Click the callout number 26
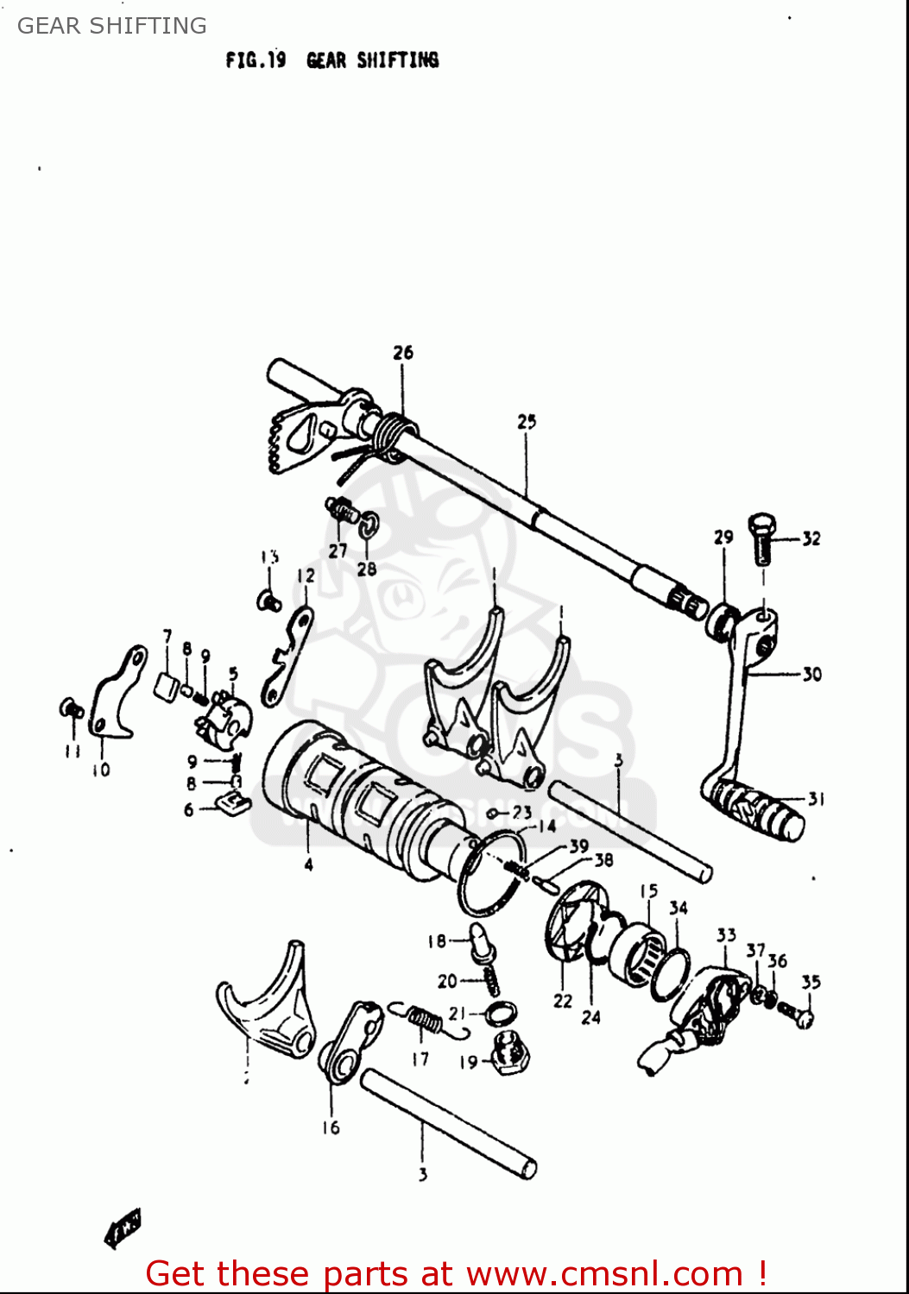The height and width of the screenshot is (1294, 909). [403, 353]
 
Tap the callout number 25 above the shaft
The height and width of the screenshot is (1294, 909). [527, 422]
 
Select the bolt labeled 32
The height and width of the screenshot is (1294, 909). [762, 539]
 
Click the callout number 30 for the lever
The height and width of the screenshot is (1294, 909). [811, 675]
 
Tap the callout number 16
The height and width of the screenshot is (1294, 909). [331, 1128]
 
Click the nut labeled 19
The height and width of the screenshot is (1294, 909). [512, 1053]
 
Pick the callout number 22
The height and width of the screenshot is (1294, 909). [563, 1001]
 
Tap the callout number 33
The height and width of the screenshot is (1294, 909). [726, 935]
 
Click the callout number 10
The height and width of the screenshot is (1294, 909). [101, 769]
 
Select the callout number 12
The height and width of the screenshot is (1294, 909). [306, 575]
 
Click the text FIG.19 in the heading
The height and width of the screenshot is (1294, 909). [256, 60]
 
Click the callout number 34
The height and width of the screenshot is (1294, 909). [679, 908]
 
